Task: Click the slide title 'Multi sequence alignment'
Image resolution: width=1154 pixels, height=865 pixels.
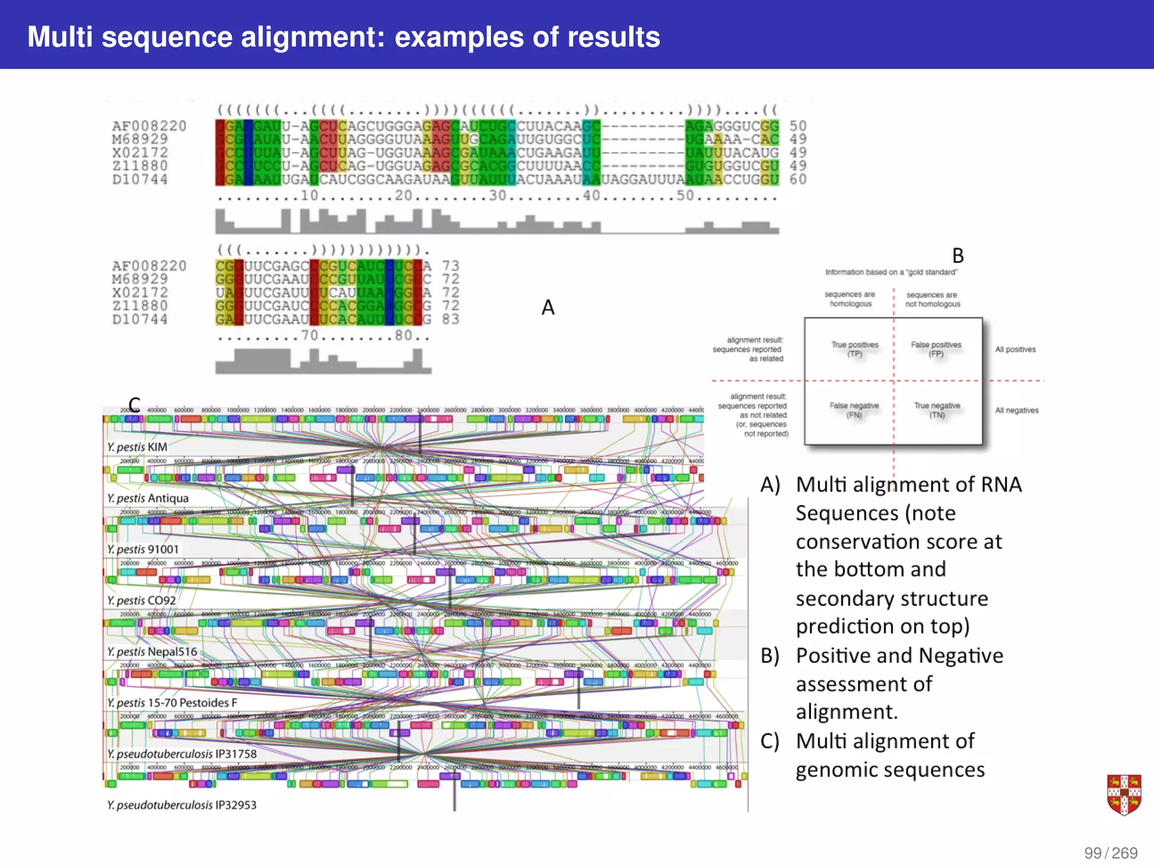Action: click(343, 37)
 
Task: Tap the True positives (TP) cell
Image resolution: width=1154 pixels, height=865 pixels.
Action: click(855, 349)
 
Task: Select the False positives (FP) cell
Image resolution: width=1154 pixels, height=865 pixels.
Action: click(936, 349)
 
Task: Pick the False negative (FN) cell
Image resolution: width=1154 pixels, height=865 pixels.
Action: click(854, 410)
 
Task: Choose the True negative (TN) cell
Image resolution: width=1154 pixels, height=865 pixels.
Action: click(937, 410)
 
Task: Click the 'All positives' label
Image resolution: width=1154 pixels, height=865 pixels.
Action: click(1015, 350)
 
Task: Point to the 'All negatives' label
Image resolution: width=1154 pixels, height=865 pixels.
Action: click(1017, 411)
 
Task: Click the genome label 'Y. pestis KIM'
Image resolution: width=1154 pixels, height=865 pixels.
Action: click(137, 447)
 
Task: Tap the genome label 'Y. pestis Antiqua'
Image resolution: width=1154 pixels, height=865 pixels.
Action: click(148, 498)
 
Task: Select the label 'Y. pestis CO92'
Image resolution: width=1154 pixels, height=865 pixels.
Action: click(142, 601)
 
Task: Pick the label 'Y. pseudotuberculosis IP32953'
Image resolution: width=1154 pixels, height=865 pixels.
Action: click(182, 805)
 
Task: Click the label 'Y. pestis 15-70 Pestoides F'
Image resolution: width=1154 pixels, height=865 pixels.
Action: click(172, 703)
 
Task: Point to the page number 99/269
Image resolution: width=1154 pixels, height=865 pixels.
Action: click(1111, 853)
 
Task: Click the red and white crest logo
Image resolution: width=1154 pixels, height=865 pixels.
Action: click(1124, 795)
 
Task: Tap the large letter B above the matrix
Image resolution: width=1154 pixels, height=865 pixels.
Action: click(958, 256)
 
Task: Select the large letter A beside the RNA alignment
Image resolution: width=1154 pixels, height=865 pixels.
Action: click(548, 307)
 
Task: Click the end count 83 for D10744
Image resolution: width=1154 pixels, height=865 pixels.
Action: click(450, 319)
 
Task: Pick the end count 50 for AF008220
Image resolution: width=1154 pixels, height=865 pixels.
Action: click(798, 126)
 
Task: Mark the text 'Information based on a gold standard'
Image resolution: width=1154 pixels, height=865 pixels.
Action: click(891, 273)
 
